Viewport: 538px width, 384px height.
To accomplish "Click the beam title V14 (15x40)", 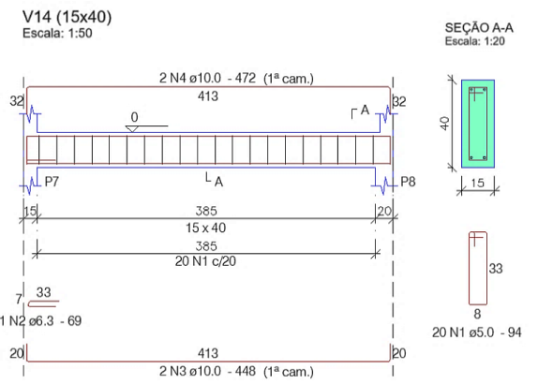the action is pyautogui.click(x=67, y=17).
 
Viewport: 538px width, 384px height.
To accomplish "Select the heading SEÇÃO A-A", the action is pyautogui.click(x=479, y=28).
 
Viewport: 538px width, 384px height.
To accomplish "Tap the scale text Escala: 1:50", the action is pyautogui.click(x=57, y=34).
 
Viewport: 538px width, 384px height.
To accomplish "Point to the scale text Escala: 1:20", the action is pyautogui.click(x=475, y=41).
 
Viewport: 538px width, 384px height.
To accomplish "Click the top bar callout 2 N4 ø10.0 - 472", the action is pyautogui.click(x=207, y=78).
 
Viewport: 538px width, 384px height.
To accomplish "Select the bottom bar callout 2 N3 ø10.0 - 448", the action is pyautogui.click(x=207, y=371).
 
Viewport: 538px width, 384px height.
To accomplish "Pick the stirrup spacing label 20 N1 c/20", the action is pyautogui.click(x=205, y=261).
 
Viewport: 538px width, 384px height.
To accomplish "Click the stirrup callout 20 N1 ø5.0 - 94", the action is pyautogui.click(x=476, y=332).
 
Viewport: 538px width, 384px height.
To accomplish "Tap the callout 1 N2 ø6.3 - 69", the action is pyautogui.click(x=40, y=321).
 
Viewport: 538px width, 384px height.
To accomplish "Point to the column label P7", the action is pyautogui.click(x=52, y=182).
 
